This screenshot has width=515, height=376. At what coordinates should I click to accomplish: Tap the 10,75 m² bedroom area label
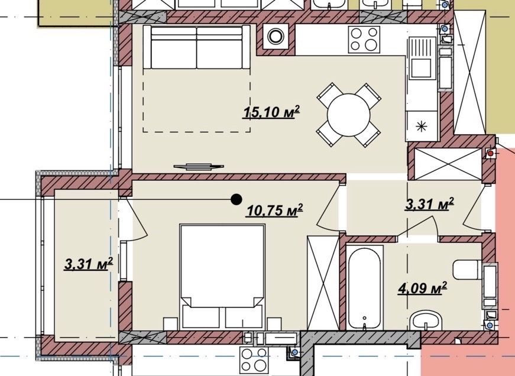[x=274, y=210]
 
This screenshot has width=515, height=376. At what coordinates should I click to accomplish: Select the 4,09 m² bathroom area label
[x=421, y=289]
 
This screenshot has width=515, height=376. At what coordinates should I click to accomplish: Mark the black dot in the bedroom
[x=236, y=200]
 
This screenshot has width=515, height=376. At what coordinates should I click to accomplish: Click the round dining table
[x=348, y=115]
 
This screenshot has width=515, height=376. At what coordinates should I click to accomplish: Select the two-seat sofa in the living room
[x=196, y=47]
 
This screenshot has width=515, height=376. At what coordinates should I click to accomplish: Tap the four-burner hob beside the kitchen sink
[x=364, y=39]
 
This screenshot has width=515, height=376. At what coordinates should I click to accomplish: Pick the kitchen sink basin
[x=421, y=58]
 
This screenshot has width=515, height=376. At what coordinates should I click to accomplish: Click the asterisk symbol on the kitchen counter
[x=421, y=125]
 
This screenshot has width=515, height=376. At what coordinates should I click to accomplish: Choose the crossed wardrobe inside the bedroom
[x=322, y=282]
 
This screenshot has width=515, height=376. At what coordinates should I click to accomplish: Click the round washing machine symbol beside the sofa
[x=276, y=37]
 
